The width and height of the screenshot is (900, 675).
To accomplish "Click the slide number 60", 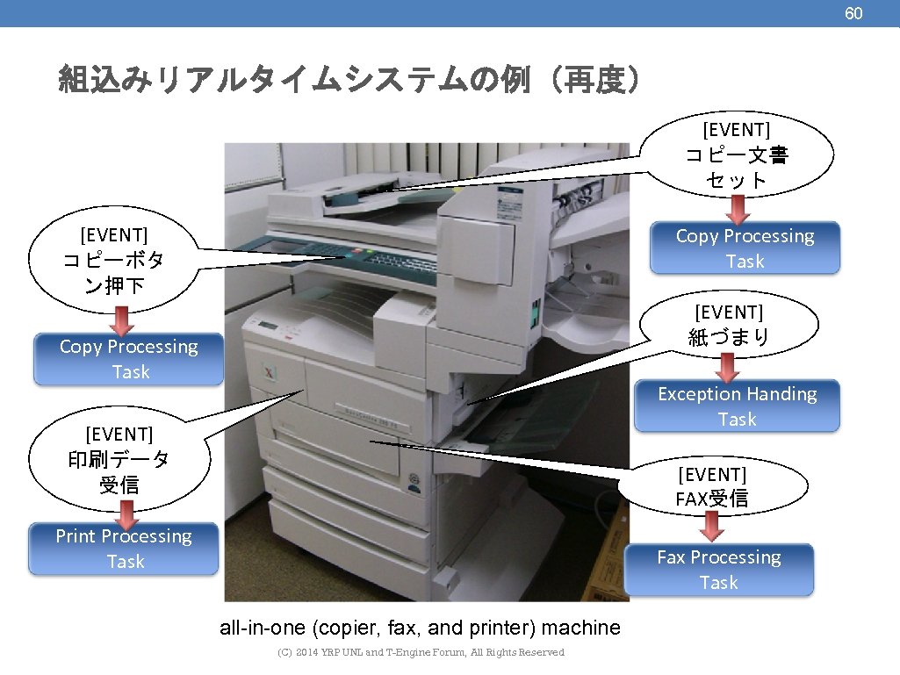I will pyautogui.click(x=853, y=13).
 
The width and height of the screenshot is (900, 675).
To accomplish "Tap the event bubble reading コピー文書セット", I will pyautogui.click(x=737, y=156).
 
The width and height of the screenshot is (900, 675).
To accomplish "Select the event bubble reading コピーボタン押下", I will pyautogui.click(x=114, y=260).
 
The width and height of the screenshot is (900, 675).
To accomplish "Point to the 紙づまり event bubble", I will pyautogui.click(x=729, y=325).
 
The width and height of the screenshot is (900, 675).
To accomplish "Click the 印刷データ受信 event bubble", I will pyautogui.click(x=119, y=458).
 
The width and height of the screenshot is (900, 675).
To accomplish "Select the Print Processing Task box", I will pyautogui.click(x=124, y=549).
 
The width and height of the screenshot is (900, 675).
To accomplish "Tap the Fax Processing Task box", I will pyautogui.click(x=719, y=570).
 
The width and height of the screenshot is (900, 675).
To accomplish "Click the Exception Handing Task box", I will pyautogui.click(x=737, y=406).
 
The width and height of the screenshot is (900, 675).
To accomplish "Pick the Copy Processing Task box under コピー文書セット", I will pyautogui.click(x=745, y=248).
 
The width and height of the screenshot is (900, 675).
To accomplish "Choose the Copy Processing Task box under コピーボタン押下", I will pyautogui.click(x=129, y=359).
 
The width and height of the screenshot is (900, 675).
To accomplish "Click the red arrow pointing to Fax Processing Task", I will pyautogui.click(x=713, y=526).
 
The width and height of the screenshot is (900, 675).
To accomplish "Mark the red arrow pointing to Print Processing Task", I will pyautogui.click(x=126, y=509).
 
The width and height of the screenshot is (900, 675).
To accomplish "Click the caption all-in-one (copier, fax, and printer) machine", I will pyautogui.click(x=420, y=628).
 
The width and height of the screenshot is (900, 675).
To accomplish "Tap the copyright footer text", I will pyautogui.click(x=421, y=652).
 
